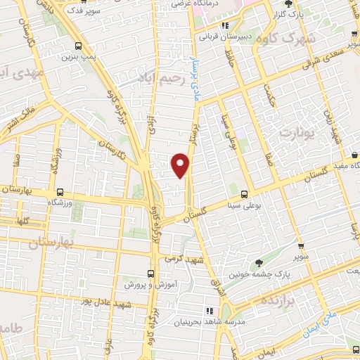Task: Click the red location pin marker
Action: click(x=181, y=165)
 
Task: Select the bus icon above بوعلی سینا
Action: click(x=245, y=194)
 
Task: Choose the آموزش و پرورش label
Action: click(x=150, y=285)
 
